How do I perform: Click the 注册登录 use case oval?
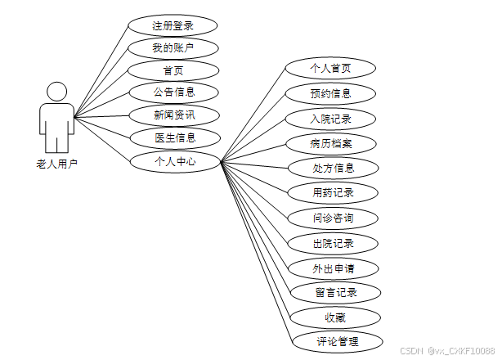coord(173,25)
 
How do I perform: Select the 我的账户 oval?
coord(173,48)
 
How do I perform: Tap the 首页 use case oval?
coord(173,70)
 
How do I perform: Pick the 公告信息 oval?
coord(174,92)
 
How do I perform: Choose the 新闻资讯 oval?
coord(174,115)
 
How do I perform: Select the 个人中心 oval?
coord(175,161)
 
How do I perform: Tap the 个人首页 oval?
coord(330,68)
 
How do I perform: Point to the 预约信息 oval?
coord(330,93)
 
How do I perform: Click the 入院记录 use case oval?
coord(330,119)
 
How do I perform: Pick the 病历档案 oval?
coord(332,143)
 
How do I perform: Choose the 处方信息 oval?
coord(333,168)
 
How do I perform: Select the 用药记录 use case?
coord(333,193)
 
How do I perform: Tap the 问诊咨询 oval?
coord(333,218)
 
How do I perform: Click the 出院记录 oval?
coord(333,243)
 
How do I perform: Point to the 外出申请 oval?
coord(333,268)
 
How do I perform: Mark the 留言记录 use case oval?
coord(335,292)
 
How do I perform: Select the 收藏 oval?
coord(335,316)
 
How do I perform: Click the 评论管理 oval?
coord(337,340)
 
